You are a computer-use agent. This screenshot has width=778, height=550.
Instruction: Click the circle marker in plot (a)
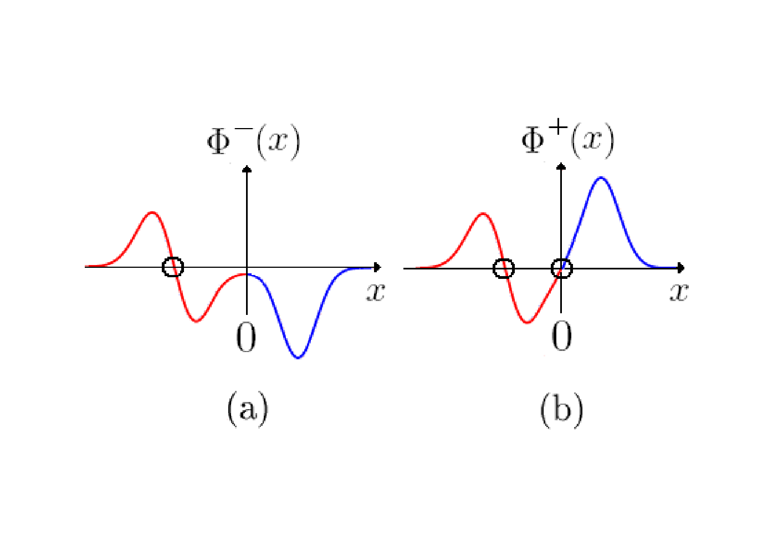coord(163,267)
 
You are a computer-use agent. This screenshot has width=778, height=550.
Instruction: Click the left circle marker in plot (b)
coord(494,268)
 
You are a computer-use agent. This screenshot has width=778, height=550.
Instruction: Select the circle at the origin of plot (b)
coord(552,268)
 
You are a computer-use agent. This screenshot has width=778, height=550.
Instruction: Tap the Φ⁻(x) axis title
coord(253,142)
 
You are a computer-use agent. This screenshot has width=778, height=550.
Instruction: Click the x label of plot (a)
coord(376,292)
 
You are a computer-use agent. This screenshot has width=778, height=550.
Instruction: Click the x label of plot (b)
coord(679,292)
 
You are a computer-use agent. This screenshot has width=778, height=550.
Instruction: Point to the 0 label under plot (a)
coord(246,337)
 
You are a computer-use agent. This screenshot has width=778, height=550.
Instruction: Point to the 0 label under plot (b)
coord(562,335)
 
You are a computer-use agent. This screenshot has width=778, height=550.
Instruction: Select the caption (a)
coord(248,410)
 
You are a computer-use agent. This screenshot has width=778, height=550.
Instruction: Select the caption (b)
coord(562,410)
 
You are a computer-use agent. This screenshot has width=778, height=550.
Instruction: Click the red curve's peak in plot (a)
coord(152,212)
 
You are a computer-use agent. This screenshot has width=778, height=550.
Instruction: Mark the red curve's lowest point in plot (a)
coord(197,321)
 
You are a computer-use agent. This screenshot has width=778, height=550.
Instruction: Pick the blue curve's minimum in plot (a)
coord(298,358)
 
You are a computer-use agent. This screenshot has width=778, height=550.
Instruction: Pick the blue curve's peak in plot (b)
coord(601,178)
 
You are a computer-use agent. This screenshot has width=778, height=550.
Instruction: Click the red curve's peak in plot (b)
coord(483,213)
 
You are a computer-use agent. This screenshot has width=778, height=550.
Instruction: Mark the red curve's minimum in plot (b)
coord(527,323)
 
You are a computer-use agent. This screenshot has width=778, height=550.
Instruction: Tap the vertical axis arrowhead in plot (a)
coord(247,169)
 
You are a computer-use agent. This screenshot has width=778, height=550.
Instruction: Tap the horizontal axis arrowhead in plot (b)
coord(681,268)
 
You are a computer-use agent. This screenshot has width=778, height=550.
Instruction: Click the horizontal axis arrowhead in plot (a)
coord(377,267)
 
